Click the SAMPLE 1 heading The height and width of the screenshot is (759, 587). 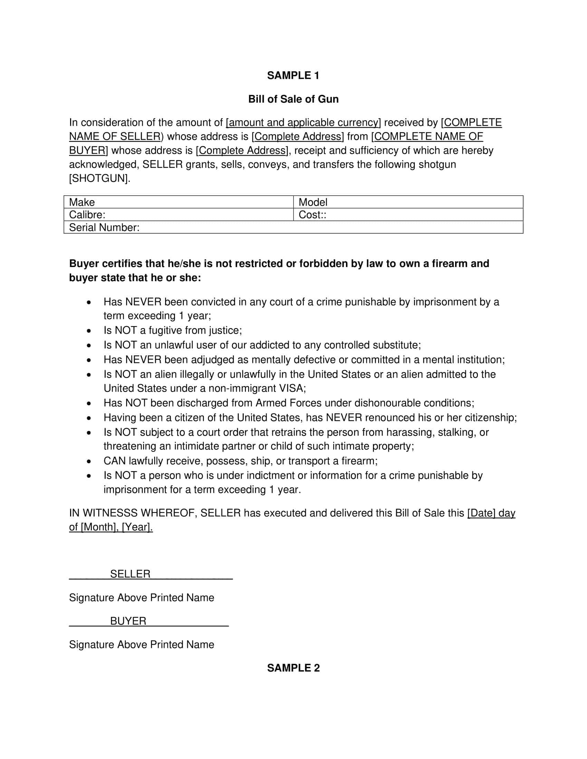tap(293, 76)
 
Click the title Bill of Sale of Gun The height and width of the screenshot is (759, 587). tap(293, 99)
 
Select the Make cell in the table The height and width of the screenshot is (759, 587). tap(82, 202)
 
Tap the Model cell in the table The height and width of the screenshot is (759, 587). tap(312, 202)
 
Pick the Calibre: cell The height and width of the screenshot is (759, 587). tap(87, 215)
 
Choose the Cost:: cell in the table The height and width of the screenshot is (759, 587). tap(312, 215)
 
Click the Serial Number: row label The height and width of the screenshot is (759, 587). tap(104, 227)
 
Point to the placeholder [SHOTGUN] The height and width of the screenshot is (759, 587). tap(99, 178)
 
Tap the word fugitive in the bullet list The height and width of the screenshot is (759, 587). tap(165, 330)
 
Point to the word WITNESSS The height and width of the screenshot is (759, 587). tap(110, 513)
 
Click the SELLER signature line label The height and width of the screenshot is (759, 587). tap(130, 574)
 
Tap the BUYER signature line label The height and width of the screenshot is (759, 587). tap(128, 621)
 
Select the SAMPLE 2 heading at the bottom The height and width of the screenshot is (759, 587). tap(293, 668)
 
